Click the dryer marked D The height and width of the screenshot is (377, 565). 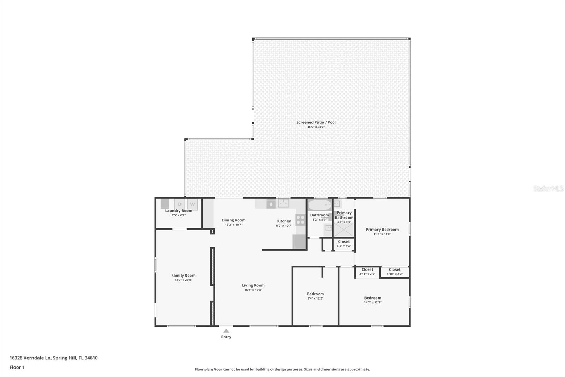coord(180,204)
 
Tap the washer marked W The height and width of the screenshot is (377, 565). coord(192,204)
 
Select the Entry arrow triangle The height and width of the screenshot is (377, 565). coord(226,331)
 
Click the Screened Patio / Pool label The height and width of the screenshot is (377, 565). coord(316,122)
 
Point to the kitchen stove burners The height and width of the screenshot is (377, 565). coord(300,220)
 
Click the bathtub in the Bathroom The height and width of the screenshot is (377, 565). coord(319,205)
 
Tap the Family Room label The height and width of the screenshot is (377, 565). coord(183,275)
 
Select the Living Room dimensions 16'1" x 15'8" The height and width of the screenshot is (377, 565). coord(253,290)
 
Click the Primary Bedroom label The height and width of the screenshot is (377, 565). coord(382,230)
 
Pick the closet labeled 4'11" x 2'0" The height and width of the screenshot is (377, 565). coord(367,272)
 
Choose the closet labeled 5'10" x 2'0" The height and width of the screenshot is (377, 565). coord(394,272)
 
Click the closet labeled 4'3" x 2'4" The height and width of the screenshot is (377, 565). coord(344,244)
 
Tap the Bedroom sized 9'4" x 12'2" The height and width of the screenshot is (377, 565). coord(315,296)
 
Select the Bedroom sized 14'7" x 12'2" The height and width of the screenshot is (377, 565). coord(373,300)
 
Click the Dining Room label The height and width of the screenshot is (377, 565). coord(233,220)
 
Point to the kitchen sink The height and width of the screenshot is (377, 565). coord(283,203)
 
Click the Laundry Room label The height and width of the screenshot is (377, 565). coord(179,211)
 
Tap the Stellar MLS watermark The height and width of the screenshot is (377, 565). coord(548,188)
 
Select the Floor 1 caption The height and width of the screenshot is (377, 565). coord(17,367)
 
